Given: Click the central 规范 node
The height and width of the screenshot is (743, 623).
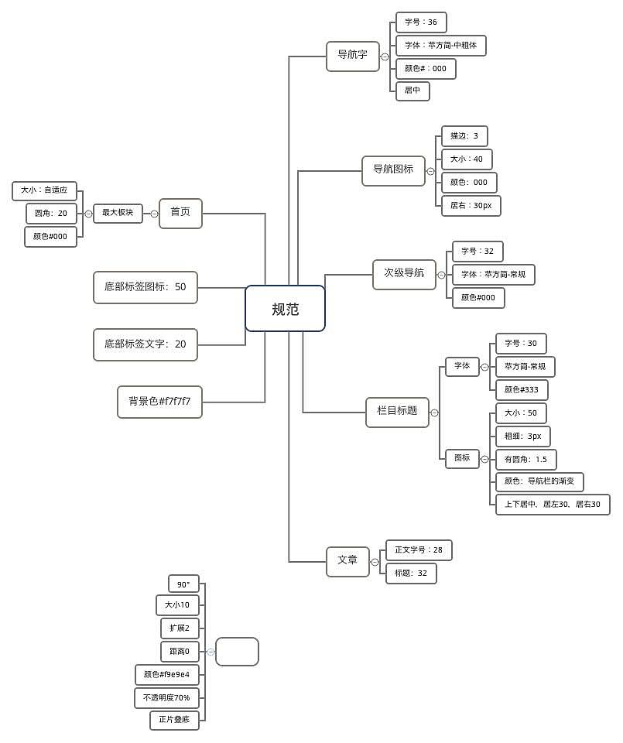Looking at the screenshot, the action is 285,309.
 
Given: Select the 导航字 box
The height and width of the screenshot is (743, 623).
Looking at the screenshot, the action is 352,56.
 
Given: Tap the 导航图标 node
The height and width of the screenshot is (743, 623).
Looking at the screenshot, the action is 393,170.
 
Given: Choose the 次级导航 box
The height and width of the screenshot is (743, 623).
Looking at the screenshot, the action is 404,274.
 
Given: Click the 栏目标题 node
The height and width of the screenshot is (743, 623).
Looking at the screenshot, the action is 397,413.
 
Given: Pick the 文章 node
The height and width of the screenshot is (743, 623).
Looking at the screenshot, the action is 347,562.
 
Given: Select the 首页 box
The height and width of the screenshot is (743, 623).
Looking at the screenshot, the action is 180,214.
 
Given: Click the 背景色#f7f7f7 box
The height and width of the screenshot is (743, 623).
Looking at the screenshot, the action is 159,402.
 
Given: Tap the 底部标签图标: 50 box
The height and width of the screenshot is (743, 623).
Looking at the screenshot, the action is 145,287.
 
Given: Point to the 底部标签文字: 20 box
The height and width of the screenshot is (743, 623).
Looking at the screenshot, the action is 145,344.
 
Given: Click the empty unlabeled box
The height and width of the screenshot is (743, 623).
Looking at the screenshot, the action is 237,652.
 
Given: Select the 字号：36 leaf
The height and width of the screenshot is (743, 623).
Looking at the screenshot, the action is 421,22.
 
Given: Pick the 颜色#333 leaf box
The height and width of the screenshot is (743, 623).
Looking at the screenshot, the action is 522,390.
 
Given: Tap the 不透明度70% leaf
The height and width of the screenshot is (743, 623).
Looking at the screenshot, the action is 166,698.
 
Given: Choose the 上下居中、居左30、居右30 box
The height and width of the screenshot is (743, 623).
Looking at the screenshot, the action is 553,504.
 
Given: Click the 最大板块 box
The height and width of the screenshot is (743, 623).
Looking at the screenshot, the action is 118,213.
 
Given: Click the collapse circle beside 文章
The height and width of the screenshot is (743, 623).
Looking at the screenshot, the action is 375,562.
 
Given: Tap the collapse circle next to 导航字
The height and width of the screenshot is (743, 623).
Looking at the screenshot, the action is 385,56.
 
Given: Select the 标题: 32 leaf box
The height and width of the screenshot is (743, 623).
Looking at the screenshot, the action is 411,574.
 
